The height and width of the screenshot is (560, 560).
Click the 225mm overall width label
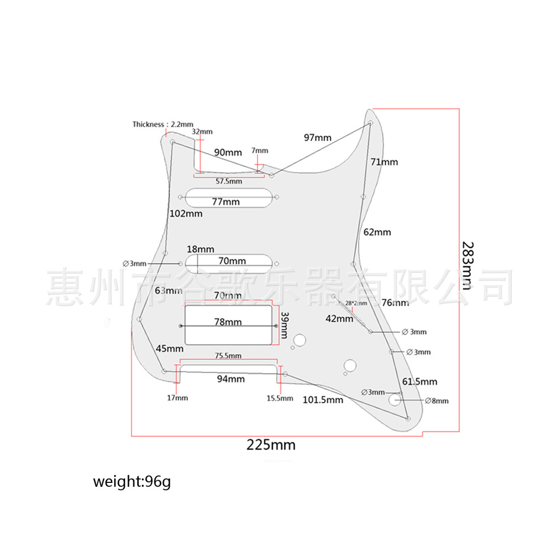pos(271,445)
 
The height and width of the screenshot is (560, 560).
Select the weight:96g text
pos(132,482)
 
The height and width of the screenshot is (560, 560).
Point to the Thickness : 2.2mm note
pos(162,124)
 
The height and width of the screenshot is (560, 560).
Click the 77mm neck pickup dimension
pos(225,202)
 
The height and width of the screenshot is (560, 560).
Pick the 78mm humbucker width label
pos(227,322)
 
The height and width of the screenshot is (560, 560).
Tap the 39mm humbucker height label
pos(284,326)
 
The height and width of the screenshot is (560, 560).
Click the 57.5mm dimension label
pos(229,181)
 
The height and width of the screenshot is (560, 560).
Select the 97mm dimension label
pos(318,137)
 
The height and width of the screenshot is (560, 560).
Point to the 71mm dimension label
pos(384,162)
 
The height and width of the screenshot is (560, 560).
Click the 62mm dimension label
pos(377,232)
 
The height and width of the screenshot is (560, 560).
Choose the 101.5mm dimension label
pos(323,400)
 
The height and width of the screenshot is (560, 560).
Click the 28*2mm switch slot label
pos(356,303)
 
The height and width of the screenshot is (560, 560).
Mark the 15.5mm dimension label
pos(279,398)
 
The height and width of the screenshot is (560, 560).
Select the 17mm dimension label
pos(177,398)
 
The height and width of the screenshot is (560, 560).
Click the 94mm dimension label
pos(231,379)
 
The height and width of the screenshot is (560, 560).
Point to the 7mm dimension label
pos(260,150)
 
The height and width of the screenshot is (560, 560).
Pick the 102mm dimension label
pos(185,213)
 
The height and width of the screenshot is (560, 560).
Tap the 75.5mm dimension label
pos(227,355)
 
